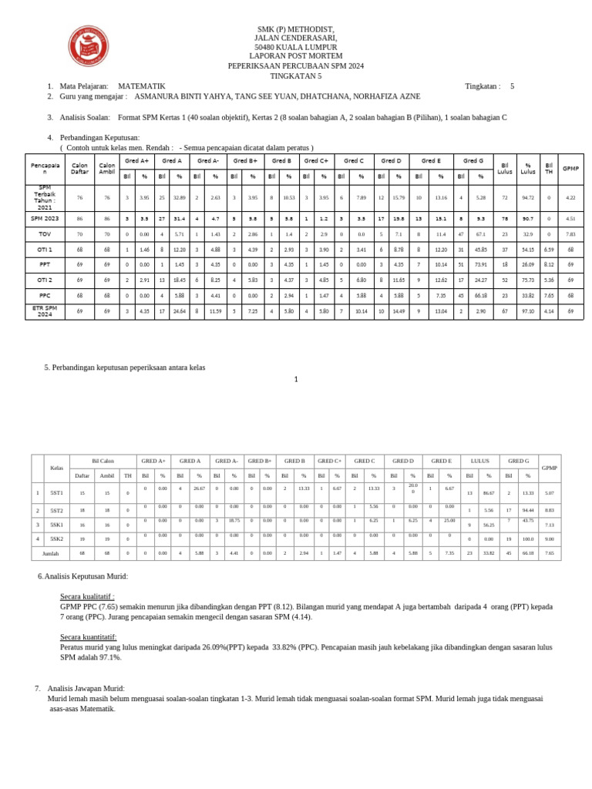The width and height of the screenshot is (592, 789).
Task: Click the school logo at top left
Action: point(88,46)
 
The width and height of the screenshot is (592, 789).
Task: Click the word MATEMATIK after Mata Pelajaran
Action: point(142,86)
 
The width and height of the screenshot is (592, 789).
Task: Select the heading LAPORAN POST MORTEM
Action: point(296,57)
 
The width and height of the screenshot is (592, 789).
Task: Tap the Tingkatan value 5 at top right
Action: point(512,86)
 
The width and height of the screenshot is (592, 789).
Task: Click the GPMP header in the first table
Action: point(570,168)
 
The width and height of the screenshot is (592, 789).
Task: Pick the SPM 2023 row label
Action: point(45,218)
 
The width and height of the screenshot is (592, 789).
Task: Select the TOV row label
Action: point(45,233)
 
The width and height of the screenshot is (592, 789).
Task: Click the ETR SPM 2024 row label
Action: point(45,311)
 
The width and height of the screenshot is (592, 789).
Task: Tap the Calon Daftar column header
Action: point(79,168)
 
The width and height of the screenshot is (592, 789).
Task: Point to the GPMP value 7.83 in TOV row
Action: point(570,233)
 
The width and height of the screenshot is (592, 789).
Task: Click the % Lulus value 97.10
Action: point(528,311)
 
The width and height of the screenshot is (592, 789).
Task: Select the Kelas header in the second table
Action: point(56,468)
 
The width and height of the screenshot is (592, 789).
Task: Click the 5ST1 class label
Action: point(56,492)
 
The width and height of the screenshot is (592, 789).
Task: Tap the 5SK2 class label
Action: point(56,539)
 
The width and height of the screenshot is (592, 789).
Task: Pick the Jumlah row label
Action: point(50,553)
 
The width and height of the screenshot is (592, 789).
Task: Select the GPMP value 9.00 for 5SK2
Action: point(549,539)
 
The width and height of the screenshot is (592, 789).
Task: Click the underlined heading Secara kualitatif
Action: point(87,596)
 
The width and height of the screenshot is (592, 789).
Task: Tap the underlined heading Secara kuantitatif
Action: point(89,637)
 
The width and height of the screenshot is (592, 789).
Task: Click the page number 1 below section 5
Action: point(296,379)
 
